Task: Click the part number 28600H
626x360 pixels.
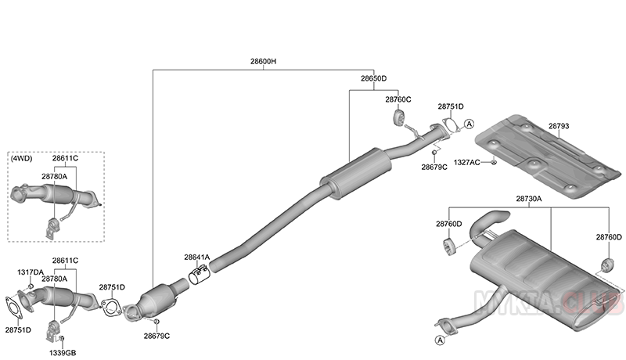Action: coord(264,61)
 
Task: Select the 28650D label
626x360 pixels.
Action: coord(374,79)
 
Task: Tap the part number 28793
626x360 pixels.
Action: coord(559,126)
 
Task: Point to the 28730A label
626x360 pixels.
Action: coord(530,200)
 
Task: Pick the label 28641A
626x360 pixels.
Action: coord(197,257)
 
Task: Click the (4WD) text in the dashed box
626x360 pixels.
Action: coord(21,159)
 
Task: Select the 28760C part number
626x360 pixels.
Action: coord(398,100)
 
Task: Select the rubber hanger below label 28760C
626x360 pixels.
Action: coord(397,118)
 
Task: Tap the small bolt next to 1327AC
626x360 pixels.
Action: coord(495,162)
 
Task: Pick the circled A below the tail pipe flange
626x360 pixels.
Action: coord(440,340)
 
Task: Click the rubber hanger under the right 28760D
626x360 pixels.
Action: coord(606,261)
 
